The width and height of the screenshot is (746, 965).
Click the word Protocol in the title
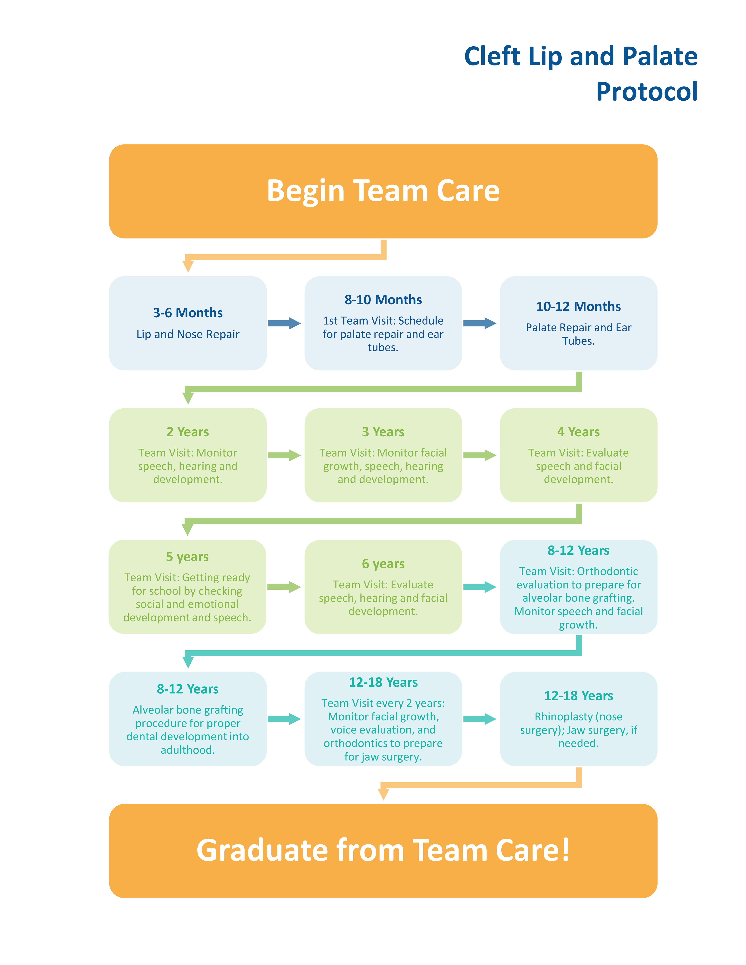click(647, 92)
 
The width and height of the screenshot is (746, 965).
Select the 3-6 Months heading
click(188, 313)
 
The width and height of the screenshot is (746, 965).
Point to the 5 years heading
click(187, 557)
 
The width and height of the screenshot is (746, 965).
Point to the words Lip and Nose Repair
click(188, 334)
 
